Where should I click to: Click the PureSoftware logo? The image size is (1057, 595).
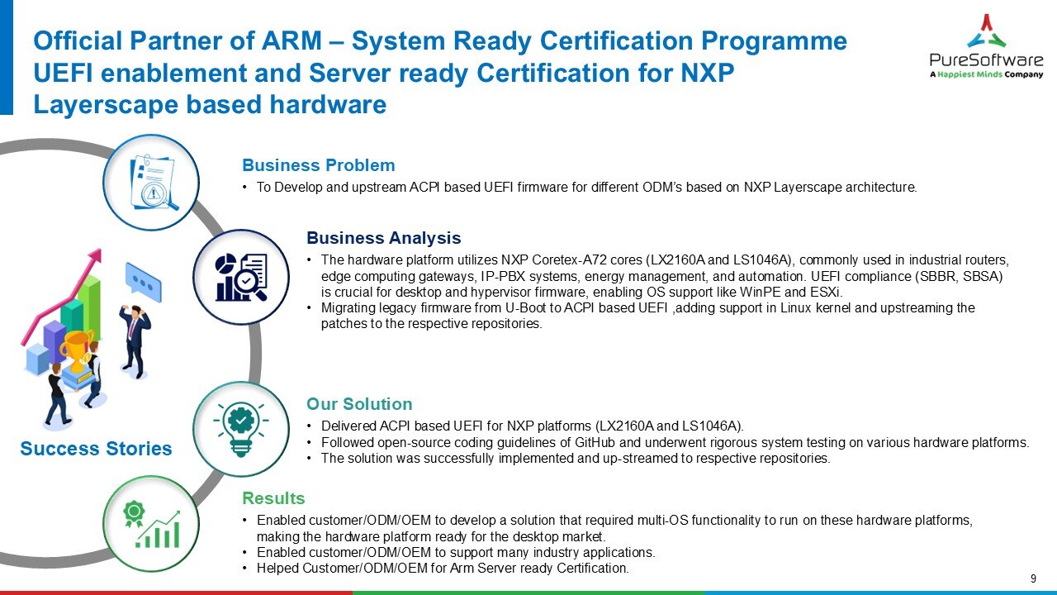click(986, 46)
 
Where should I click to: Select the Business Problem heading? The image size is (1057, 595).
click(318, 165)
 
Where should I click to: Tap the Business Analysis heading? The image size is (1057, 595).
click(383, 239)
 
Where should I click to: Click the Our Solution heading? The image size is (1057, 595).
click(359, 404)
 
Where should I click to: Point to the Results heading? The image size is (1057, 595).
click(273, 498)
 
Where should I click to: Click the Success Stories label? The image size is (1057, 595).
click(96, 449)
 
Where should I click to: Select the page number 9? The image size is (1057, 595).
click(1034, 578)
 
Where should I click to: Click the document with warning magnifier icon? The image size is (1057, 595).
click(150, 182)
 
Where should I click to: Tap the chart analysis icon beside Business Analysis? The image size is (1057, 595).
click(241, 277)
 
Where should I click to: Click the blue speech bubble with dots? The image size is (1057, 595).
click(143, 283)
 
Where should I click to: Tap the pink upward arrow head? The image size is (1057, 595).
click(96, 257)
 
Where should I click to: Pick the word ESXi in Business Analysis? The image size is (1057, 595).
click(826, 293)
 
